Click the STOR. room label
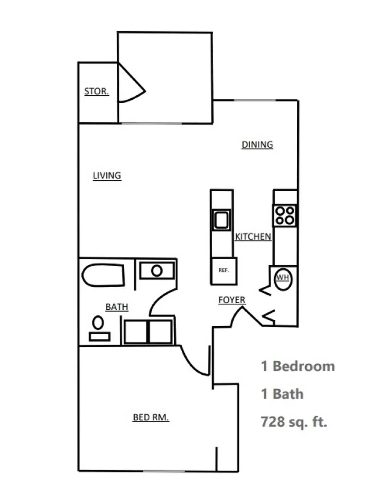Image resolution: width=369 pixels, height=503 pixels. point(97,91)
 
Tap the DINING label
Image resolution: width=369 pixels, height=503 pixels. point(257,145)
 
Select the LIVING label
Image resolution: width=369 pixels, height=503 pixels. point(107,175)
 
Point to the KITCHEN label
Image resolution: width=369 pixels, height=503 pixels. point(253,236)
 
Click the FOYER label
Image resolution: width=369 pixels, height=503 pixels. point(232,300)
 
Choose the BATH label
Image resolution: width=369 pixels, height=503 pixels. point(117,307)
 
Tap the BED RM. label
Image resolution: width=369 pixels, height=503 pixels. point(151,417)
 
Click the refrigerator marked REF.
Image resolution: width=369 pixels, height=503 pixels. point(224,271)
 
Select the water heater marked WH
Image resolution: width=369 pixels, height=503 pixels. point(283,278)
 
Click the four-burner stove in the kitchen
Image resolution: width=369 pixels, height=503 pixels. point(285,215)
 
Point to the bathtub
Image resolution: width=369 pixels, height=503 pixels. point(103,275)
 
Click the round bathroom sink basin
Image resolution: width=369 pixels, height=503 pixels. point(157,271)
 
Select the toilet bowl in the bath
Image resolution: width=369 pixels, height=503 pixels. point(98,323)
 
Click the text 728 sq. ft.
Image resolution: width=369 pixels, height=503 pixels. point(294,422)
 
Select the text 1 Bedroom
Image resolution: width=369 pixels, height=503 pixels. point(298,366)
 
